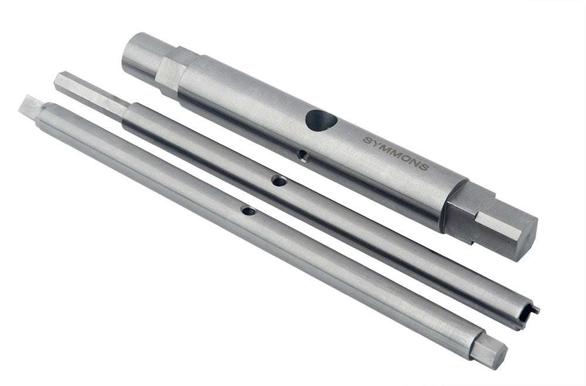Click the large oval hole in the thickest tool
320,120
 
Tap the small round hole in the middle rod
279,181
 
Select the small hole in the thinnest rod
248,209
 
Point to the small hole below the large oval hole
302,155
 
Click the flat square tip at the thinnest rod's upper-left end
30,106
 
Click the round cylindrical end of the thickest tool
141,55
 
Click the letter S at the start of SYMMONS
367,141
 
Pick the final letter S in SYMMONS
424,167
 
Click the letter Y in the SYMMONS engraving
376,144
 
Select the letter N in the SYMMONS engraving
414,162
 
